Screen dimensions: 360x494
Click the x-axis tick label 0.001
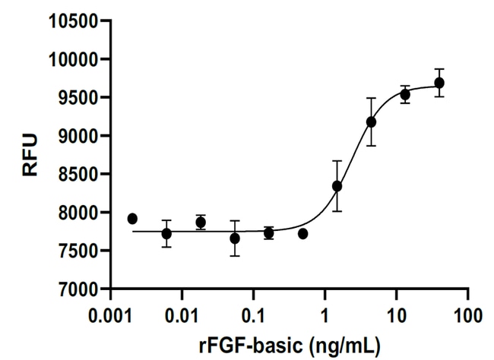coord(111,313)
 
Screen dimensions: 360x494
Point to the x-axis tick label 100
coord(467,313)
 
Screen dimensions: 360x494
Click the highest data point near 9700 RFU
coord(439,83)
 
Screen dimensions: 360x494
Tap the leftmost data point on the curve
coord(132,219)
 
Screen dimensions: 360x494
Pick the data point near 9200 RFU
coord(371,122)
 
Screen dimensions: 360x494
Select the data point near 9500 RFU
coord(405,95)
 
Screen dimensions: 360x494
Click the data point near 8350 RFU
coord(337,186)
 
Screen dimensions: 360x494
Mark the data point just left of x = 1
coord(302,234)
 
